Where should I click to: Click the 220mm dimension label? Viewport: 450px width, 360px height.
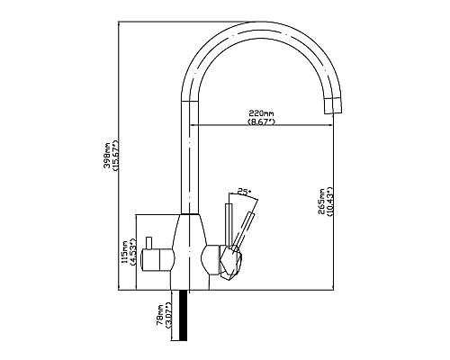pos(261,114)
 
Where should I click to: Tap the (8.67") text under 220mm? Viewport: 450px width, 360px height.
pos(261,122)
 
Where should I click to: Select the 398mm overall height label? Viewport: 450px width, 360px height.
pos(107,155)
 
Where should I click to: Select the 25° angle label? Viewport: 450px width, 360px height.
pos(244,191)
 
